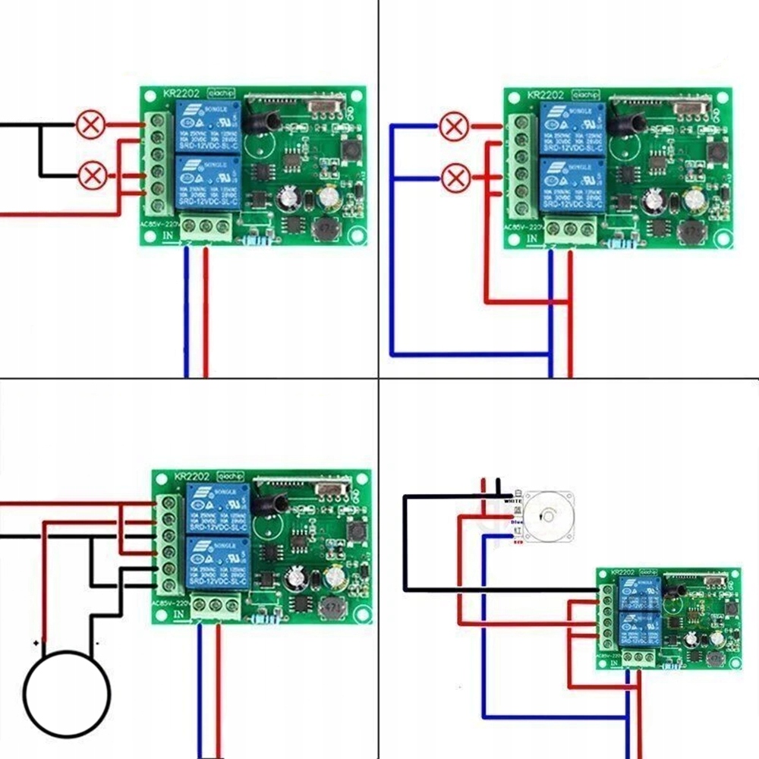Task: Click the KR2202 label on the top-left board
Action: tap(181, 93)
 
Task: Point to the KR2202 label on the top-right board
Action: tap(545, 96)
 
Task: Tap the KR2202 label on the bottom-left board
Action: tap(191, 477)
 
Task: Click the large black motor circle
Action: tap(67, 693)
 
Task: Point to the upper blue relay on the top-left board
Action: tap(208, 126)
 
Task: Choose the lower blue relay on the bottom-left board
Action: tap(218, 562)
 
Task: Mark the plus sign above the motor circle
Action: tap(36, 642)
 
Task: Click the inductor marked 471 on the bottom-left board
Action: tap(330, 608)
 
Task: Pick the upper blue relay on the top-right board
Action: tap(572, 128)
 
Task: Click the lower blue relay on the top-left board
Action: tap(208, 182)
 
